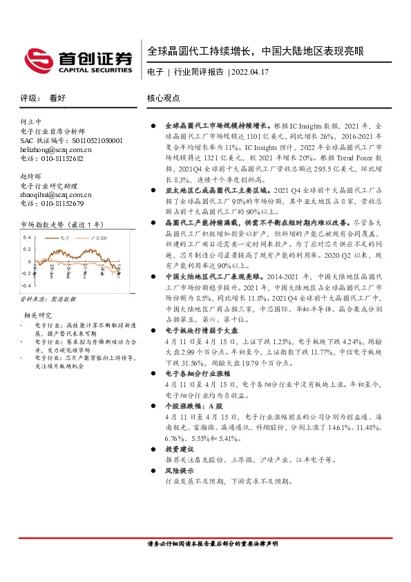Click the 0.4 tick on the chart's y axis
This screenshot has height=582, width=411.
(28, 237)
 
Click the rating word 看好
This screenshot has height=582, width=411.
(57, 99)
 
